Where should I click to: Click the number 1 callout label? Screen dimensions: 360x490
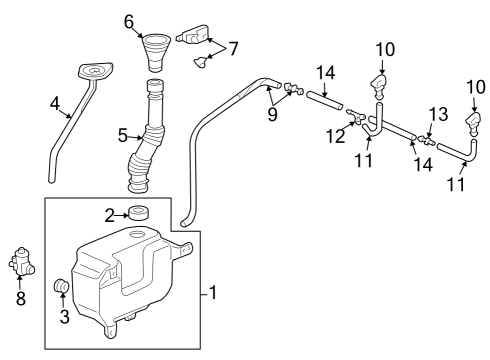click(212, 293)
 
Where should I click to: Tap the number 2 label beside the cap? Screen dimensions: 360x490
click(109, 213)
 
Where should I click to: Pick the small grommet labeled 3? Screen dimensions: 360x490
click(62, 288)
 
